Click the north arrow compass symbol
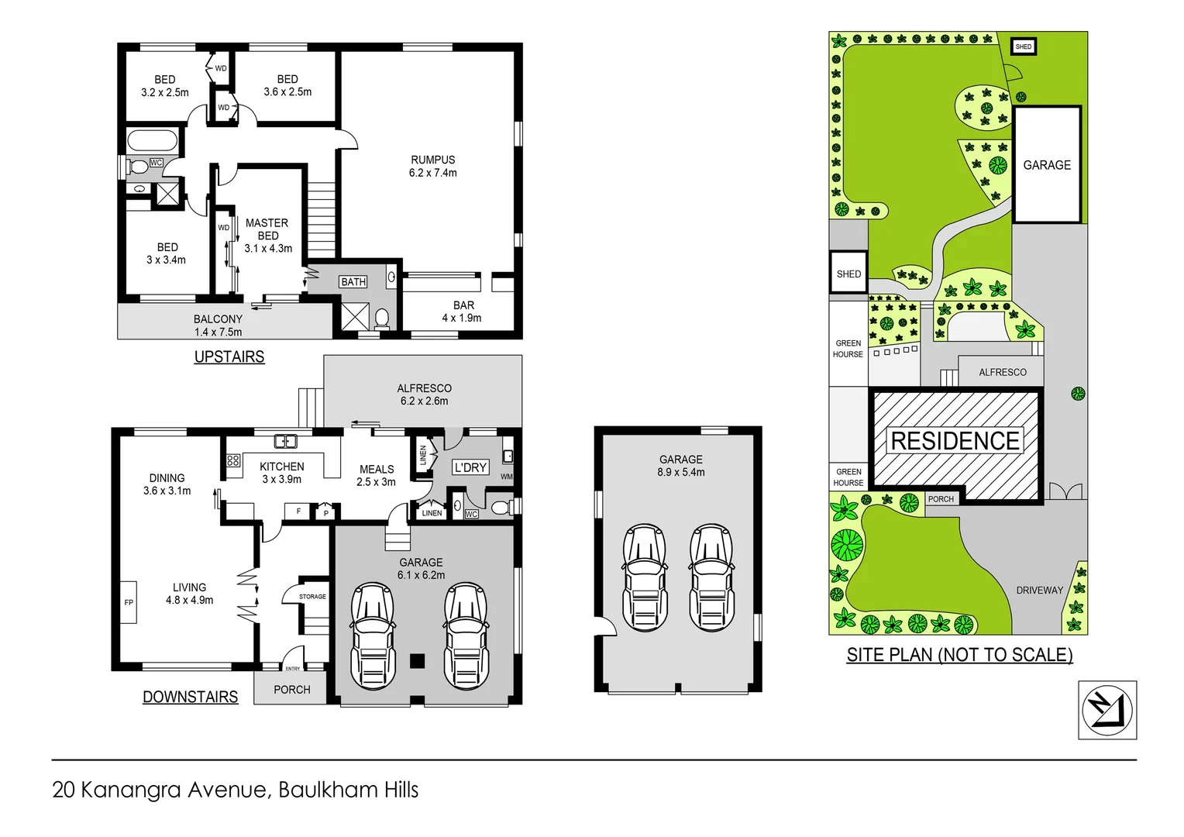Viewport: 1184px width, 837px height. [x=1107, y=710]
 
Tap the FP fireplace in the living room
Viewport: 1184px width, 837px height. [x=129, y=602]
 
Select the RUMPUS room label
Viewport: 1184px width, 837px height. [x=432, y=160]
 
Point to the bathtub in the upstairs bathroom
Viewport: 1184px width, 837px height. [x=152, y=140]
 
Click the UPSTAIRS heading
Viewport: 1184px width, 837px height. [x=229, y=357]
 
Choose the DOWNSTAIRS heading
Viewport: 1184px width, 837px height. [x=190, y=697]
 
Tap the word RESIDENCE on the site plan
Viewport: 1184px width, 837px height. [x=955, y=441]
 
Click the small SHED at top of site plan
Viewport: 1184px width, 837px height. [x=1024, y=46]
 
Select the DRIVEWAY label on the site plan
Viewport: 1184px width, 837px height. [x=1039, y=591]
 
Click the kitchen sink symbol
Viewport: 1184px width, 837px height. [x=285, y=442]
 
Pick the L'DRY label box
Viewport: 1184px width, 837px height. [x=470, y=467]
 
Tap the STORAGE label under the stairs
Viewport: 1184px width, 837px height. [x=312, y=597]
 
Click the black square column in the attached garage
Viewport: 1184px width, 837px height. [x=417, y=661]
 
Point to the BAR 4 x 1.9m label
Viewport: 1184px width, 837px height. [x=462, y=312]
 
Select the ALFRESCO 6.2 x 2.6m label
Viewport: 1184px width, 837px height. [x=424, y=394]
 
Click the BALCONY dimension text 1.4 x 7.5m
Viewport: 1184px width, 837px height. [x=218, y=332]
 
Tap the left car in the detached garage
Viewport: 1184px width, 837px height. [x=645, y=577]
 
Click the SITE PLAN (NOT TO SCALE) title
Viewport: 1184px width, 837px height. [x=959, y=656]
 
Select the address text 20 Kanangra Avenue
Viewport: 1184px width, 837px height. [x=160, y=790]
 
